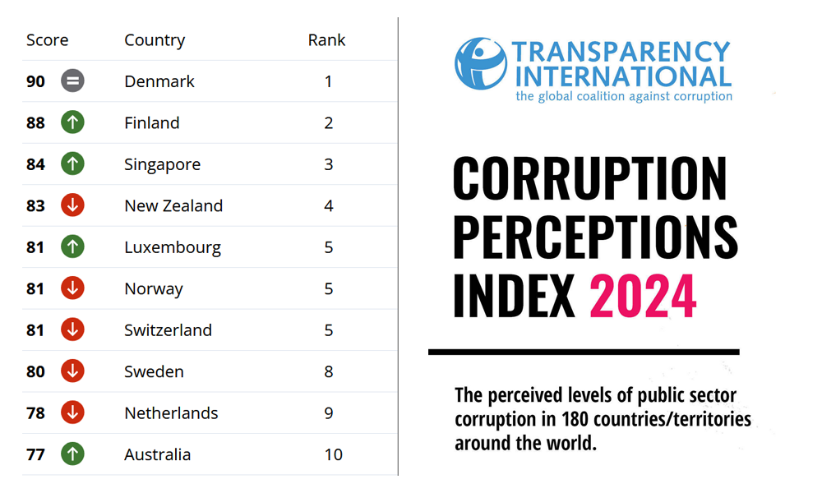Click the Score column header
tap(47, 40)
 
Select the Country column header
tap(155, 40)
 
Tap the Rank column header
tap(326, 40)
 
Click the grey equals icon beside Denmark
tap(72, 81)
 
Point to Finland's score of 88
tap(35, 123)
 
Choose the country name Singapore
tap(162, 164)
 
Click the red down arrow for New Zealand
tap(72, 205)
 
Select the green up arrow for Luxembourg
tap(72, 247)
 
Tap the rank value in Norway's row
tap(329, 288)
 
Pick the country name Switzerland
tap(168, 330)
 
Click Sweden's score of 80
tap(35, 371)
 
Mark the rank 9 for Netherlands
tap(329, 413)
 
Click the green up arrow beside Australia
tap(72, 454)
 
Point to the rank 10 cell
tap(333, 454)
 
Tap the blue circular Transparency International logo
tap(481, 63)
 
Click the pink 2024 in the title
tap(643, 296)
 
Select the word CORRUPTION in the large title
tap(589, 178)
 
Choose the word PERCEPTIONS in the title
tap(595, 237)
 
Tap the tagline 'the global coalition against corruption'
tap(623, 96)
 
